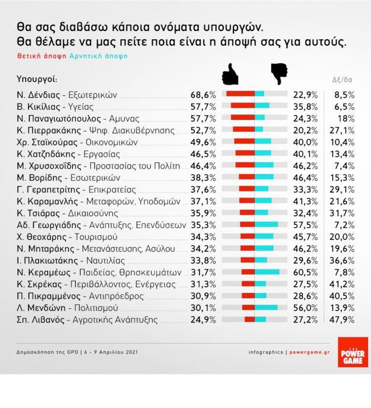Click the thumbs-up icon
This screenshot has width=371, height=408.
(230, 75)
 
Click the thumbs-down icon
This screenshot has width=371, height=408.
(279, 73)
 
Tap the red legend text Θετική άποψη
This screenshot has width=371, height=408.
(42, 56)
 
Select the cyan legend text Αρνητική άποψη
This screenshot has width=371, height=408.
(99, 56)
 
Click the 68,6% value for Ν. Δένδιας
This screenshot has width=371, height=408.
(202, 94)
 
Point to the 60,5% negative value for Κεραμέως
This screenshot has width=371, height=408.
(305, 272)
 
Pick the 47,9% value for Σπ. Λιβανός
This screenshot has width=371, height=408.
(344, 319)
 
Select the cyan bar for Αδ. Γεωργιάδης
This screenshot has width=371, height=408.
(266, 225)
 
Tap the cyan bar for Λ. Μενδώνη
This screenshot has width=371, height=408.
(266, 307)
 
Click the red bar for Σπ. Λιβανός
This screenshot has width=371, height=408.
(249, 319)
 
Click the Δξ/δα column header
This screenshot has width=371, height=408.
(342, 79)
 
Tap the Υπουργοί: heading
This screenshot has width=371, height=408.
(37, 78)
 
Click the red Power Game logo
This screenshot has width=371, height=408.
(353, 352)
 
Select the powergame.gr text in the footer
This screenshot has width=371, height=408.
(309, 352)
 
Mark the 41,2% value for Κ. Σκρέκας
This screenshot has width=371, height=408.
(344, 284)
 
